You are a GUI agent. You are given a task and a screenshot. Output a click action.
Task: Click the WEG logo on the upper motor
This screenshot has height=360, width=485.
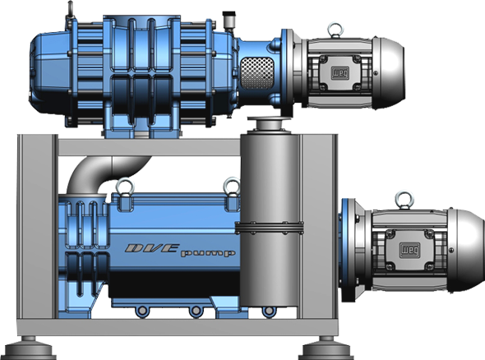pyautogui.click(x=340, y=73)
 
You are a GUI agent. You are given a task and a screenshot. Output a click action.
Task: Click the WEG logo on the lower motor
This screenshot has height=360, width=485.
pyautogui.click(x=409, y=250)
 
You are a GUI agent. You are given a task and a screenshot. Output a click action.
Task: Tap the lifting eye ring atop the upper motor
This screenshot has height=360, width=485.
pyautogui.click(x=335, y=30)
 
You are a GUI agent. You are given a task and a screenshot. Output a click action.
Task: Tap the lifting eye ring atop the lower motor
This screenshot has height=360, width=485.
pyautogui.click(x=405, y=200)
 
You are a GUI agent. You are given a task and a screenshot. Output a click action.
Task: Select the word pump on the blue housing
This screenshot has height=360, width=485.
pyautogui.click(x=208, y=254)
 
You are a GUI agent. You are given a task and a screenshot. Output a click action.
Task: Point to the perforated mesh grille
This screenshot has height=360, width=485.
pyautogui.click(x=257, y=73)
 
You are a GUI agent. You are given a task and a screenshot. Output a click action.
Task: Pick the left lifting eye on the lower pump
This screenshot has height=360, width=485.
pyautogui.click(x=125, y=187)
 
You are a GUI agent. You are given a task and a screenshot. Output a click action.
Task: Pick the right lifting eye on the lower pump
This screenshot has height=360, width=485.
pyautogui.click(x=232, y=186)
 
